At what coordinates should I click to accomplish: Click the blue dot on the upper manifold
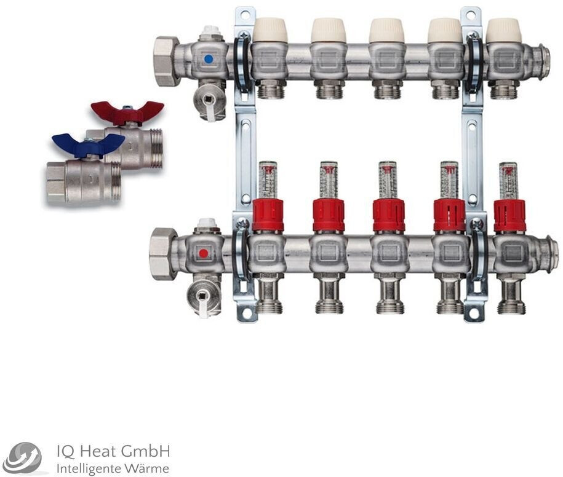point(208,59)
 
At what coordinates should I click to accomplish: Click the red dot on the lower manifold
point(203,253)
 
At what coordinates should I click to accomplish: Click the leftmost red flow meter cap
point(268,215)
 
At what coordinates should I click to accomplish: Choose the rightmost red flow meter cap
point(509,216)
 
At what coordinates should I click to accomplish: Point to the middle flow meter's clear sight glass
point(388,180)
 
